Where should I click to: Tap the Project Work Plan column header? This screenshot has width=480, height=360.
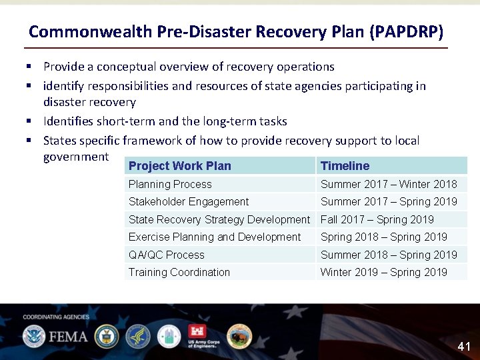click(x=180, y=166)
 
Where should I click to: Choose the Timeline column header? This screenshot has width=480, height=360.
click(x=345, y=166)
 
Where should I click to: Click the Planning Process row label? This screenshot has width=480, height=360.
click(x=170, y=184)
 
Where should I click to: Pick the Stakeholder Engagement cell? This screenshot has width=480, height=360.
click(x=189, y=201)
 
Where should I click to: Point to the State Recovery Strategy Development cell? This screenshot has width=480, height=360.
click(x=219, y=219)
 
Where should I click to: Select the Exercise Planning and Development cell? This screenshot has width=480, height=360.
click(x=215, y=237)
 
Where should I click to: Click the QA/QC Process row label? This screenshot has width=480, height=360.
click(x=167, y=255)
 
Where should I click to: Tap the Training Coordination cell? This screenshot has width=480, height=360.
click(x=179, y=272)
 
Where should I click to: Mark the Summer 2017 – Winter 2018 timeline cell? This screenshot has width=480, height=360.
click(x=389, y=184)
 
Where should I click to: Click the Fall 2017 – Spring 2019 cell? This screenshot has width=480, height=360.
click(x=377, y=219)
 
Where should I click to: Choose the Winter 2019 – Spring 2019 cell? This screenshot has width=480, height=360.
click(x=384, y=272)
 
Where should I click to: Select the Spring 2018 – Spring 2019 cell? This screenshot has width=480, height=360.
click(x=384, y=237)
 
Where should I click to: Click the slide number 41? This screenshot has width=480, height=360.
click(x=464, y=347)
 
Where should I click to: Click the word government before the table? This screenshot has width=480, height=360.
click(x=75, y=157)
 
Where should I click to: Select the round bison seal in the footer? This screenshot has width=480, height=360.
click(x=239, y=336)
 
